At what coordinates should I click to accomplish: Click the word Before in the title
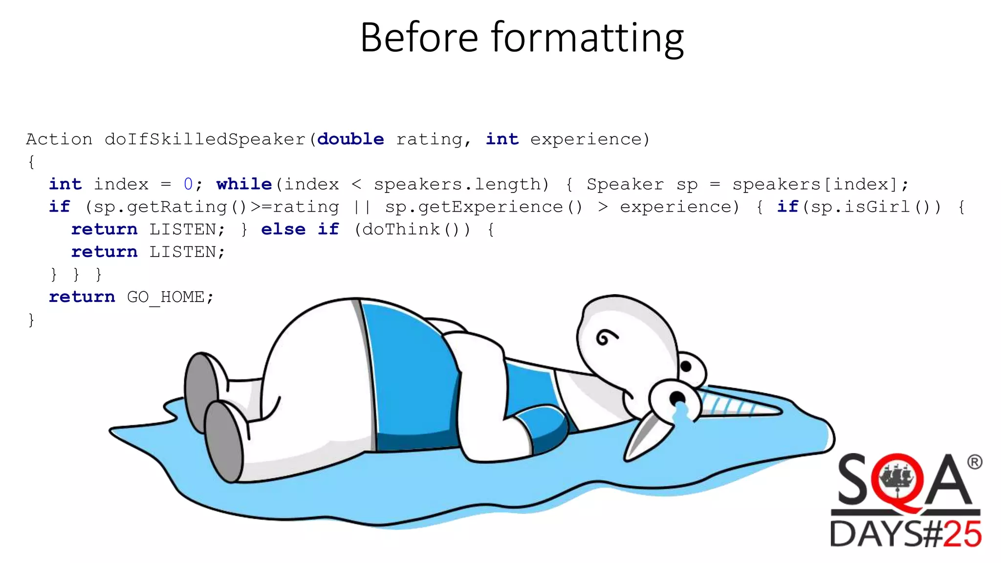(419, 38)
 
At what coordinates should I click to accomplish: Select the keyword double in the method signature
(350, 139)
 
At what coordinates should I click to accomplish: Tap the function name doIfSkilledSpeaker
(205, 139)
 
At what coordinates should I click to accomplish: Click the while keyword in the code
(244, 184)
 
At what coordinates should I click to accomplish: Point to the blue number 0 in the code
(188, 184)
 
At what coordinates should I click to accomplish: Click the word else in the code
(283, 229)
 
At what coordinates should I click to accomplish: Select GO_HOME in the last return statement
(165, 297)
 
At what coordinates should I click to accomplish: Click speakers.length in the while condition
(457, 184)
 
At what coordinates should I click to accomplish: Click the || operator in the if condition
(362, 207)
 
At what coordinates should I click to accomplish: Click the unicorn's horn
(743, 406)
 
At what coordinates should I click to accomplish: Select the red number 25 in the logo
(961, 534)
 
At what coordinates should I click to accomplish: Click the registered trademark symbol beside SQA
(974, 462)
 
